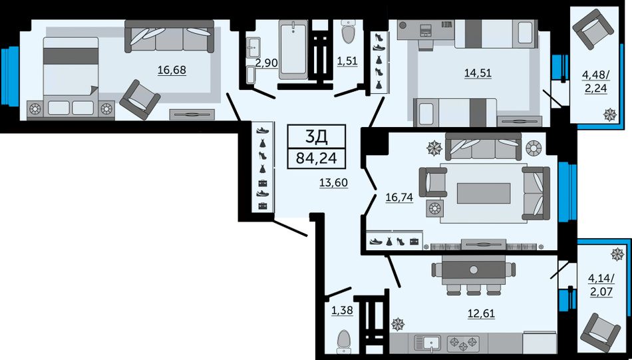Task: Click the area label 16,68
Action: point(172,71)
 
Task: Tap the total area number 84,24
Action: point(317,158)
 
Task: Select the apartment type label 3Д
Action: point(317,137)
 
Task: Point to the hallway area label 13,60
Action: point(333,183)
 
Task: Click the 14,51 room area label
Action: point(478,73)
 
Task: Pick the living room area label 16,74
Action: point(399,198)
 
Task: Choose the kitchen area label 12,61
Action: point(481,313)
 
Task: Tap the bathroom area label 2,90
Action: point(267,63)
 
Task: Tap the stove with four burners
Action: point(463,344)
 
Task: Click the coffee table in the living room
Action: point(484,194)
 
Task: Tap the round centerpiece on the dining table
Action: point(474,270)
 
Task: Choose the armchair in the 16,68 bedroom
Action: point(140,100)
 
